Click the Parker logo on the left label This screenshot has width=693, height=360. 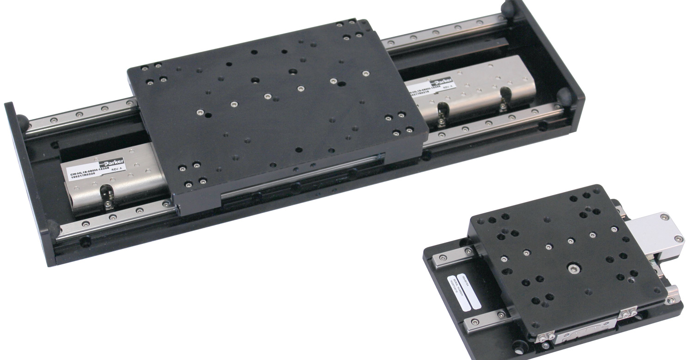114,164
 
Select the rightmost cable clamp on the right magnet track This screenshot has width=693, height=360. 504,104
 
